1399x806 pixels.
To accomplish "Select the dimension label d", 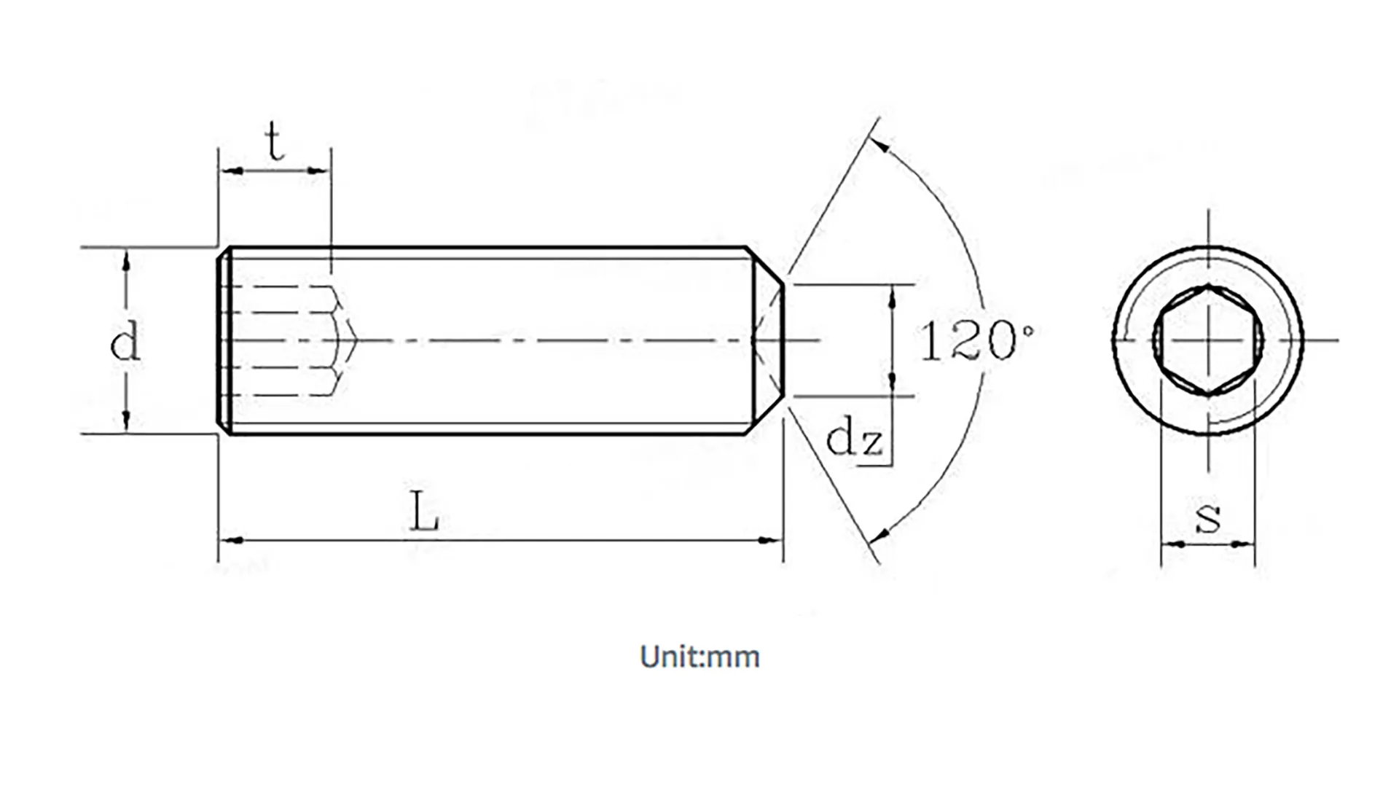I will click(125, 341).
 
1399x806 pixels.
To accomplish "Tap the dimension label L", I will click(424, 512).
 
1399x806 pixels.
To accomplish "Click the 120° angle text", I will click(975, 340).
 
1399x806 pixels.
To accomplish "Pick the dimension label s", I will click(1208, 517).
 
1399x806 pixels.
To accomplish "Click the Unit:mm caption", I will click(699, 657).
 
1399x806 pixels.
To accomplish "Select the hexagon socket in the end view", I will click(1208, 340).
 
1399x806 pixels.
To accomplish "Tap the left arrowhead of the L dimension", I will click(232, 541).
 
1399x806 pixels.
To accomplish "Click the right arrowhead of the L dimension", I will click(770, 541).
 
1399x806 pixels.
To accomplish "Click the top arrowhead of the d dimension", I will click(126, 261).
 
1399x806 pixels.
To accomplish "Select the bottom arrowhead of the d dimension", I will click(126, 421).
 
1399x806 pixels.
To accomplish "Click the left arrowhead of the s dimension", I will click(1172, 544).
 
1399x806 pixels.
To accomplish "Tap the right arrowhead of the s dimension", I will click(1245, 544).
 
